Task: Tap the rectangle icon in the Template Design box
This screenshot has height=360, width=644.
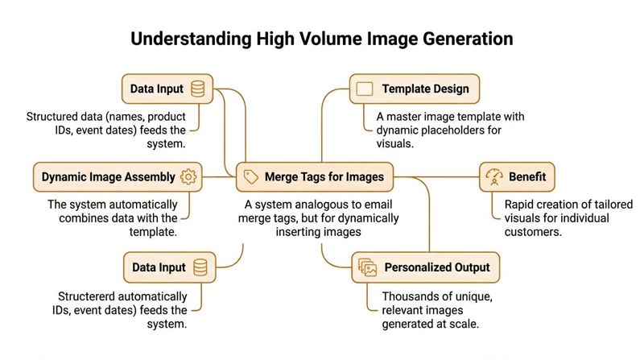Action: pyautogui.click(x=365, y=89)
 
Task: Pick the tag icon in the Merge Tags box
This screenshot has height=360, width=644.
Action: pyautogui.click(x=251, y=176)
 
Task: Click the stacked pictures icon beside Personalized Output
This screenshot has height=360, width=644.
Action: pyautogui.click(x=367, y=267)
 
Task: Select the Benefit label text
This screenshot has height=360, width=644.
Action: pyautogui.click(x=526, y=176)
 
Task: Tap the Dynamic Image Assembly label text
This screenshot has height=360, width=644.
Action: pyautogui.click(x=107, y=176)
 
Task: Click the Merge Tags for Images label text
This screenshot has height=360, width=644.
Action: pyautogui.click(x=324, y=176)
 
